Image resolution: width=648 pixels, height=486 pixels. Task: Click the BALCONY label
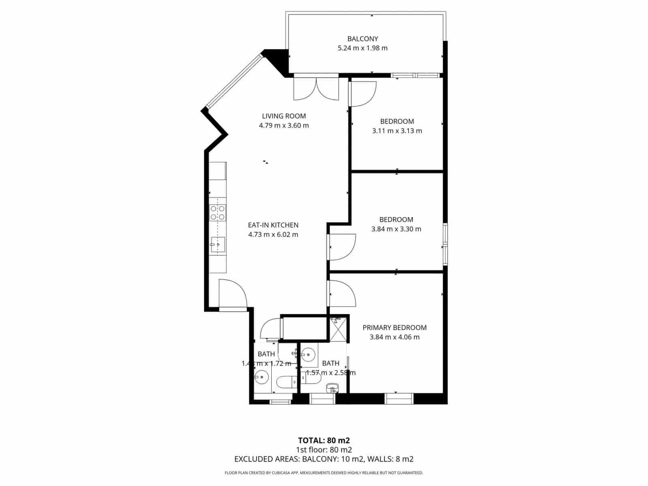coord(362,39)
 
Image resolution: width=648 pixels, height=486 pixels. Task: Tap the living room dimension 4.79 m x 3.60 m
coord(283,126)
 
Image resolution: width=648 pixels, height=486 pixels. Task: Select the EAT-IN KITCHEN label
coord(273,225)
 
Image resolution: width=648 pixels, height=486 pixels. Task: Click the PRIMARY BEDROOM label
coord(394,328)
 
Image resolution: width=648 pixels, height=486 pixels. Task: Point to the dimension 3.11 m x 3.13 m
coord(397,131)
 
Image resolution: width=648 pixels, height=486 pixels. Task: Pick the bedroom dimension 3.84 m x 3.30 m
coord(396,229)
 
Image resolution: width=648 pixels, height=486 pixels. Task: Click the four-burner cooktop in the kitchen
coord(218,213)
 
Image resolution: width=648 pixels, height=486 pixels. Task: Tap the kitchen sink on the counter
coord(218,245)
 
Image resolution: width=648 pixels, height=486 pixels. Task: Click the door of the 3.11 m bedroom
coord(363,94)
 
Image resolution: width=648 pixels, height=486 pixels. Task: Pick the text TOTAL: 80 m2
coord(324,440)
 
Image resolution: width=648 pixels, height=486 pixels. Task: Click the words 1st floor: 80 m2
coord(324,450)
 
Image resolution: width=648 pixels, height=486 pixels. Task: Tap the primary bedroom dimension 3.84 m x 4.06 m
coord(394,337)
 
